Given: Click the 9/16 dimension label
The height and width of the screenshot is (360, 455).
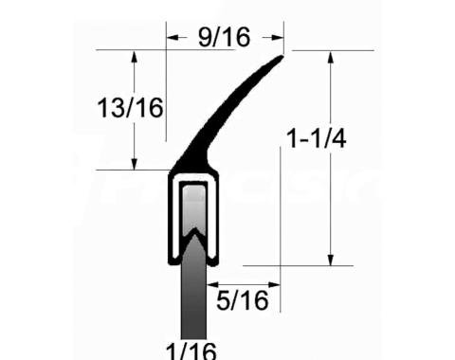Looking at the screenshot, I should pos(224,37).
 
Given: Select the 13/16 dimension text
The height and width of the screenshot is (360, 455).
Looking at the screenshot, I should pos(130,107).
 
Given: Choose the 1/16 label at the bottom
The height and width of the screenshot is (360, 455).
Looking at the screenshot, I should pos(191,350).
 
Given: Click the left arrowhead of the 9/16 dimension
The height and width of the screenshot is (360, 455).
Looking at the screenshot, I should pos(172,39).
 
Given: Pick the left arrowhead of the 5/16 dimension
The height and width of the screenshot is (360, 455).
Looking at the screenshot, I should pos(211,282).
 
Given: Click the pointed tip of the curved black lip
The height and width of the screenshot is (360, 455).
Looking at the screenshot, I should pos(281,58).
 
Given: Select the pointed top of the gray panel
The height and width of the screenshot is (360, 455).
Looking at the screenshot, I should pos(193,228).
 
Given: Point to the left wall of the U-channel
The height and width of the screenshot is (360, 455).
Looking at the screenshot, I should pos(173,218).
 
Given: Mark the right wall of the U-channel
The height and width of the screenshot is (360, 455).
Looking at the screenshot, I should pos(214,218).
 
